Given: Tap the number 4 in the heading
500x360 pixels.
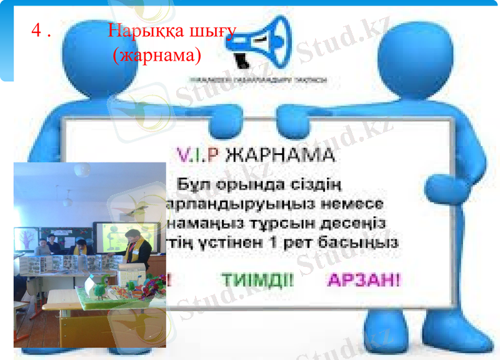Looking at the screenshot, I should [x=36, y=31].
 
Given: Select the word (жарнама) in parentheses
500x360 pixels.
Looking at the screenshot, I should [x=156, y=55].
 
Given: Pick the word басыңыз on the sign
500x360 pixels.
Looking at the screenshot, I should [x=366, y=242].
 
